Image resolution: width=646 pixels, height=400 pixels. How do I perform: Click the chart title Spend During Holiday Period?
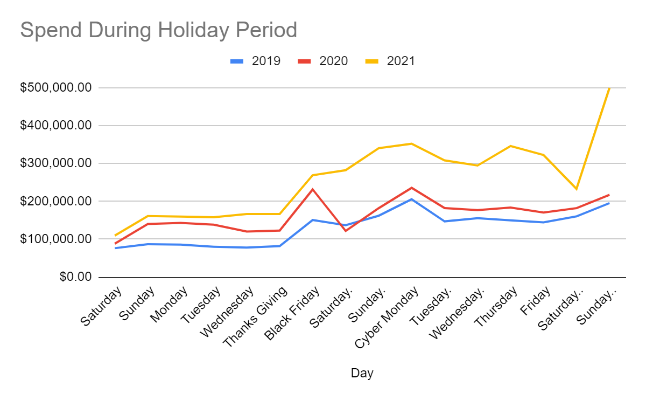(x=159, y=30)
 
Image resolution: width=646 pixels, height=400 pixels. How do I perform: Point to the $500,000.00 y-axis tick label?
(x=55, y=88)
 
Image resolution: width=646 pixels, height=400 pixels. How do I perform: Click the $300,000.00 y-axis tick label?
(x=55, y=163)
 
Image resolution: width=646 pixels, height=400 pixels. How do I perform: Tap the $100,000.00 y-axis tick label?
(x=55, y=239)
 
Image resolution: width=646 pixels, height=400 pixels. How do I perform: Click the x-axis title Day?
(x=362, y=373)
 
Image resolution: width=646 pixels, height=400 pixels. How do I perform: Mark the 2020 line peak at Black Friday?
(x=313, y=189)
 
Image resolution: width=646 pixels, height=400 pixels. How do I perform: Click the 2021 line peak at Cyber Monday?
(x=411, y=143)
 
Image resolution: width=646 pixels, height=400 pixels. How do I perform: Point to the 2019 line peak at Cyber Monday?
(x=411, y=199)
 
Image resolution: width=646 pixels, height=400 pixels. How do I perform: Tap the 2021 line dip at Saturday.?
(x=576, y=189)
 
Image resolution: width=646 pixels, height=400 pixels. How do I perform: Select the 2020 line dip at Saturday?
(x=346, y=231)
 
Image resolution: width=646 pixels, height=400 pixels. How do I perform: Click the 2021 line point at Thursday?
(x=510, y=146)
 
